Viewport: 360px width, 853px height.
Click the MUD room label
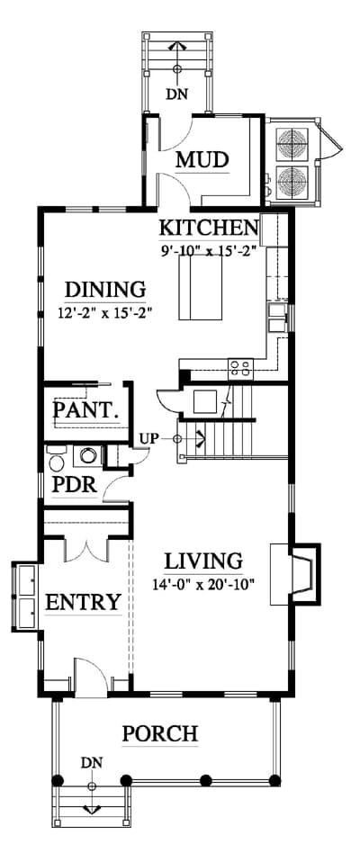[202, 160]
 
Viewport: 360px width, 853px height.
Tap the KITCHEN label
[208, 228]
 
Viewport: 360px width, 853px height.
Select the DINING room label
[105, 289]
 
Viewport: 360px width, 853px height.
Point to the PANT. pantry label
[85, 409]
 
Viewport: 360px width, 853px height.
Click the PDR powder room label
[75, 485]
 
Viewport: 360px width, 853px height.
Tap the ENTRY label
[83, 602]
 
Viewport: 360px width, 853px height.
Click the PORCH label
[159, 734]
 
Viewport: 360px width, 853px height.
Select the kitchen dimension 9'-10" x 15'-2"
[207, 251]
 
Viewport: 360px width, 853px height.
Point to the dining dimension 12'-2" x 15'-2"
[103, 313]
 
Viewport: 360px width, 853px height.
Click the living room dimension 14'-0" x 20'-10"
[204, 585]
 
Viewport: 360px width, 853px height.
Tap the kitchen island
[200, 287]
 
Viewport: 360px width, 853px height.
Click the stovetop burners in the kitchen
[240, 368]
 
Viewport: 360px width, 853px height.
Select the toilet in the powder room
[56, 460]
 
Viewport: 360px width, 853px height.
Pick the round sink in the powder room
[88, 455]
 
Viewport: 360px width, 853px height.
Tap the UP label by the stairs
[148, 438]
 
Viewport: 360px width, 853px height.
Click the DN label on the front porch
[92, 763]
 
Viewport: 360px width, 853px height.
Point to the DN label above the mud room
[176, 94]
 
